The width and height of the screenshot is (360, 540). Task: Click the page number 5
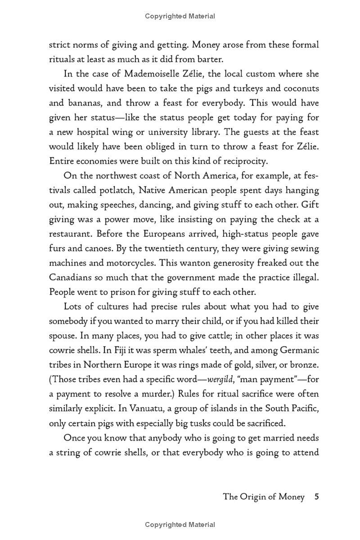(x=317, y=497)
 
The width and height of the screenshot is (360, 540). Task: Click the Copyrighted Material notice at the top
(x=180, y=16)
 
